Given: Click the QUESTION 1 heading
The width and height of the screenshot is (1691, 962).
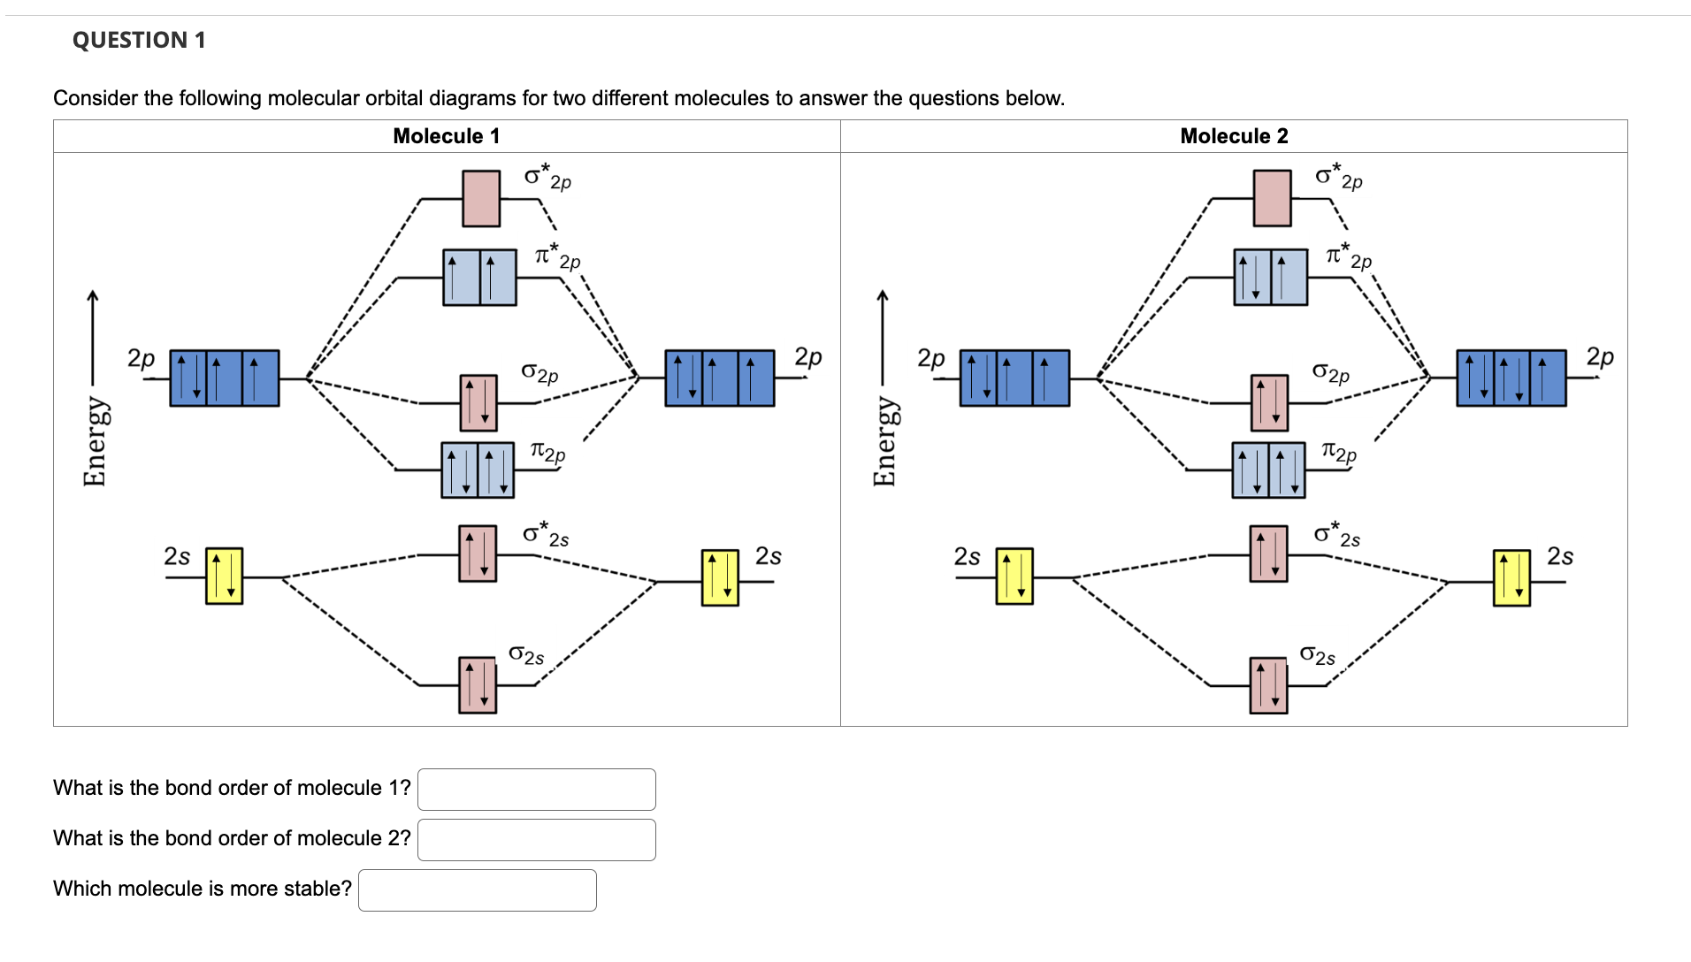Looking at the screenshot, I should click(x=139, y=40).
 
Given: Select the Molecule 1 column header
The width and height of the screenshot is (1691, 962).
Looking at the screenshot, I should click(x=446, y=136).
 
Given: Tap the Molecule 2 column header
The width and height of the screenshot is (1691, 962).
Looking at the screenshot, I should click(x=1234, y=136).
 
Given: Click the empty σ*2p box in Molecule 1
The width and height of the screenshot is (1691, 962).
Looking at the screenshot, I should click(x=481, y=199).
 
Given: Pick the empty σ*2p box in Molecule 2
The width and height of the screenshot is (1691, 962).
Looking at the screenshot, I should click(x=1272, y=199).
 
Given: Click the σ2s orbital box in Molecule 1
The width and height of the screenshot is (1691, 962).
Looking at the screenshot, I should click(x=478, y=685).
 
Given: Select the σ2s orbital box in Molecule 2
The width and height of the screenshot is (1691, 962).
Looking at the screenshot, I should click(x=1268, y=685).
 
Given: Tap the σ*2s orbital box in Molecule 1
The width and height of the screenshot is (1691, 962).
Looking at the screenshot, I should click(x=478, y=554).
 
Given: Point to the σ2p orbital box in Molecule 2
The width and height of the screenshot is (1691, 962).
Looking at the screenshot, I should click(x=1269, y=403).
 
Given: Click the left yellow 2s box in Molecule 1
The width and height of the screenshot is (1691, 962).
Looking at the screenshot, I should click(x=224, y=576).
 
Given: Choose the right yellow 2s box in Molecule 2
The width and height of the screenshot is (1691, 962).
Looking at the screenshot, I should click(x=1511, y=578).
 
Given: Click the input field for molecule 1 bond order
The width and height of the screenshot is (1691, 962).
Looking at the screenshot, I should click(x=537, y=790).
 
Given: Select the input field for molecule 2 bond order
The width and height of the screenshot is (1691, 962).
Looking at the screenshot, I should click(x=537, y=840).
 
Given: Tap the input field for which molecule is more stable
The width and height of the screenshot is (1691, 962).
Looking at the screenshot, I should click(x=478, y=890).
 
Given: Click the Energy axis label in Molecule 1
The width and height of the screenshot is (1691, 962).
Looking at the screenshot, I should click(x=95, y=441).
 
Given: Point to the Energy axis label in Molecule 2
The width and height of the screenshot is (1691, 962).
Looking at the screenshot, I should click(x=885, y=441).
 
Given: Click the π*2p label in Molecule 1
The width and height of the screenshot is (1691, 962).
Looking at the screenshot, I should click(x=557, y=256).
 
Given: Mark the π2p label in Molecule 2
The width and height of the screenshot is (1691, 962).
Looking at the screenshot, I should click(x=1338, y=452).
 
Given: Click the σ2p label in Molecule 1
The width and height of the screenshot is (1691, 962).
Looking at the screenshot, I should click(x=539, y=372).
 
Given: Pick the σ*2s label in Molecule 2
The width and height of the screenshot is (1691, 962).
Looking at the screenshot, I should click(x=1336, y=534).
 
